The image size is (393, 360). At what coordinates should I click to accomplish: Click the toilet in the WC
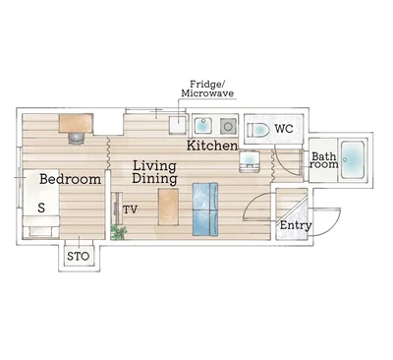258,130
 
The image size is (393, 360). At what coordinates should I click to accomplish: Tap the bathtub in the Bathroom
353,159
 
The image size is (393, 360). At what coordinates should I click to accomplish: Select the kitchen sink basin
203,126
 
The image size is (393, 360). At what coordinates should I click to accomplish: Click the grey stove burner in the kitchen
228,126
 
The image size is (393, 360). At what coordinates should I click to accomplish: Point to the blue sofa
205,210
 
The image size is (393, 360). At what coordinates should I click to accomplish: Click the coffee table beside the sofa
168,207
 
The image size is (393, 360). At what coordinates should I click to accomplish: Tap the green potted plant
119,232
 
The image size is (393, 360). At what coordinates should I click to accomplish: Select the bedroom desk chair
77,139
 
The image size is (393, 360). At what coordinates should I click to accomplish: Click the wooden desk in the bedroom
76,123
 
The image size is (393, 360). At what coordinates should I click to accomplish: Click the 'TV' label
130,210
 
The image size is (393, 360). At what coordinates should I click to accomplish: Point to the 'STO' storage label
78,256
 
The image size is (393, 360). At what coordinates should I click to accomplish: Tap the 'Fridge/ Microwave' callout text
207,89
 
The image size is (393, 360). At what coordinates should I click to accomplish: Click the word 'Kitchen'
212,146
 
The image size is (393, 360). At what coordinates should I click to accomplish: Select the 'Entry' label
296,225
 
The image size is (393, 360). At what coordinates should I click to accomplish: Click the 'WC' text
284,129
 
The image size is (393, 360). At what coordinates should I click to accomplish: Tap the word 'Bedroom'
70,179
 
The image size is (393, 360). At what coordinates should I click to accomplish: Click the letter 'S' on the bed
41,208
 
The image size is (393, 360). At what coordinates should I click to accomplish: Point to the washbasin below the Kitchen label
250,161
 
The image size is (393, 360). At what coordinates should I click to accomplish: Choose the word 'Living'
154,166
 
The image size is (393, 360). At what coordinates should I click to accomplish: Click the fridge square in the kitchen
178,125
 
